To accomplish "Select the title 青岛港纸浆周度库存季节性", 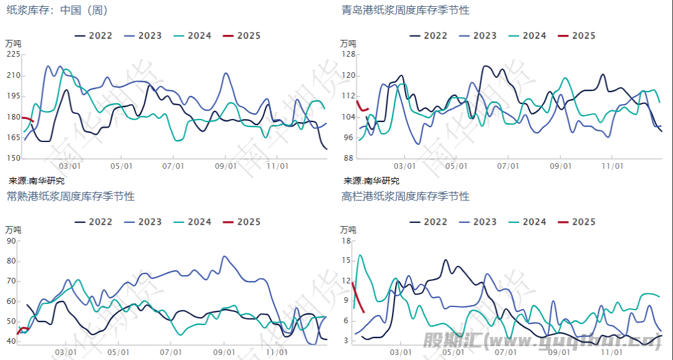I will tap(406, 10).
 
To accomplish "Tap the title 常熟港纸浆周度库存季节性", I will tap(70, 196).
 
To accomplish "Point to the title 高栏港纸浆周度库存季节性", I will tap(406, 196).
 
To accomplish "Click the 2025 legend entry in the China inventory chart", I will tap(241, 36).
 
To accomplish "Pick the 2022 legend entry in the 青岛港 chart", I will tap(428, 36).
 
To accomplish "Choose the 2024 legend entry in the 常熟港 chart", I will tap(193, 222).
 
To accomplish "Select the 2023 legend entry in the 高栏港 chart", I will tap(477, 222).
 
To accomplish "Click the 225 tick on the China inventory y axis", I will tap(14, 54).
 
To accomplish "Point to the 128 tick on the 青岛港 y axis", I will tap(348, 54).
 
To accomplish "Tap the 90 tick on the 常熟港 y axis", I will tap(11, 241).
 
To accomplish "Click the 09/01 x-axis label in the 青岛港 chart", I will tap(561, 166).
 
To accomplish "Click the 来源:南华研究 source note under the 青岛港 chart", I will tap(371, 181).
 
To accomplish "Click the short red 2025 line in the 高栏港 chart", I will tap(358, 298).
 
